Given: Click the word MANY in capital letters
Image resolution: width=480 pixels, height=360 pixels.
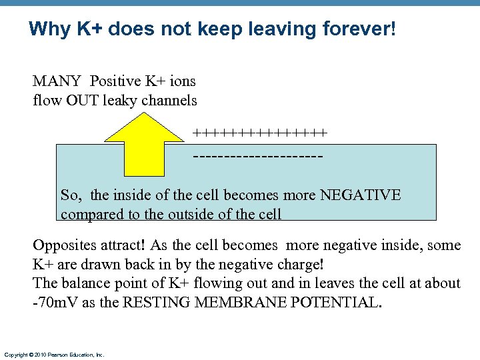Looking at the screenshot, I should coord(57,81).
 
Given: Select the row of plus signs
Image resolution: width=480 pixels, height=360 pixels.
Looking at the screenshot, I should coord(259,133).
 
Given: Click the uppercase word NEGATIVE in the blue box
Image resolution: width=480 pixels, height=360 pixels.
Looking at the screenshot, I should coord(360,195).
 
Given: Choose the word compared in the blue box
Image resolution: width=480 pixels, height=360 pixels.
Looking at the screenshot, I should coord(88,215).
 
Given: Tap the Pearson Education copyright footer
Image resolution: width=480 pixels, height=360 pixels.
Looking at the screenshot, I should coord(54,355).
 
